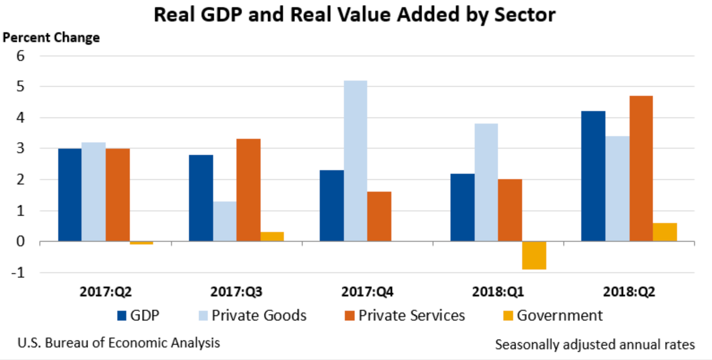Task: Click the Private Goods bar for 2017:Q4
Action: (356, 161)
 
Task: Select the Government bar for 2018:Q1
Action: (534, 255)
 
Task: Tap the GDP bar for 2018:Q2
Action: (593, 176)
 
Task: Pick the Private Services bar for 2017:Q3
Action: (249, 190)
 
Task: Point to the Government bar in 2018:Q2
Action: (665, 232)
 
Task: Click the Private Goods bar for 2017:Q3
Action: (225, 221)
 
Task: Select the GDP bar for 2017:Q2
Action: (70, 195)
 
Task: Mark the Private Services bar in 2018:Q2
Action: (641, 169)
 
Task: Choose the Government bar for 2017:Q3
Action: (272, 236)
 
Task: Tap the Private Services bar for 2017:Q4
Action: (379, 217)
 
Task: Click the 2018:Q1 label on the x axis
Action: (498, 292)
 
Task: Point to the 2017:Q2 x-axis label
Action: (106, 292)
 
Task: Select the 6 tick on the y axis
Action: (20, 56)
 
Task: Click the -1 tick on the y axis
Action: (18, 272)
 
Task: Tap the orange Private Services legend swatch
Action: (350, 316)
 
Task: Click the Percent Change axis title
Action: (51, 38)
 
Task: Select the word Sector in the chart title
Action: (525, 15)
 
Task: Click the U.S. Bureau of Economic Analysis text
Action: (119, 343)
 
